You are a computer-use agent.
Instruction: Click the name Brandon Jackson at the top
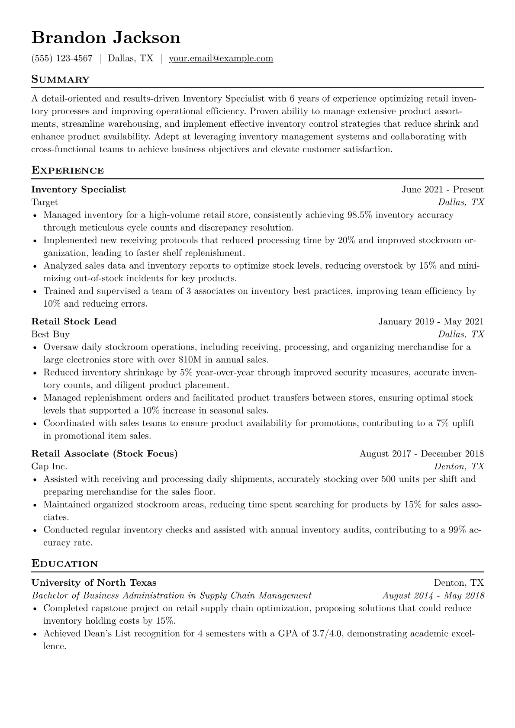coord(106,38)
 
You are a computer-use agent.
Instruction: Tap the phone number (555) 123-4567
coord(62,58)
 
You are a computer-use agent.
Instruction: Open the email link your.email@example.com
coord(221,58)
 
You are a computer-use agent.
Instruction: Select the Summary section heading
coord(61,80)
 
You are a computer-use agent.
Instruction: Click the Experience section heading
coord(68,170)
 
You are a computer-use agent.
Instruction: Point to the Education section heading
coord(64,564)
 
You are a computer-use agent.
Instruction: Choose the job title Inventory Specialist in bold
coord(79,189)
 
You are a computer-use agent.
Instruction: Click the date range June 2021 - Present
coord(442,189)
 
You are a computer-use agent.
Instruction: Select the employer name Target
coord(45,202)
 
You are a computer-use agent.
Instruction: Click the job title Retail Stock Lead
coord(74,321)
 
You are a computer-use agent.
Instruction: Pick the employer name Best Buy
coord(50,334)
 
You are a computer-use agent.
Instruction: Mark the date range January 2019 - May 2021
coord(431,321)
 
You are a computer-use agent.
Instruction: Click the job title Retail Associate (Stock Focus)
coord(104,454)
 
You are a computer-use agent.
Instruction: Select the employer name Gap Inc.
coord(49,466)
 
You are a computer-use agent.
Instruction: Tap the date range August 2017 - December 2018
coord(422,454)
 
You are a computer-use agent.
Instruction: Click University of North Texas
coord(94,583)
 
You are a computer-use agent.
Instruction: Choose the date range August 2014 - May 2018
coord(433,596)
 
